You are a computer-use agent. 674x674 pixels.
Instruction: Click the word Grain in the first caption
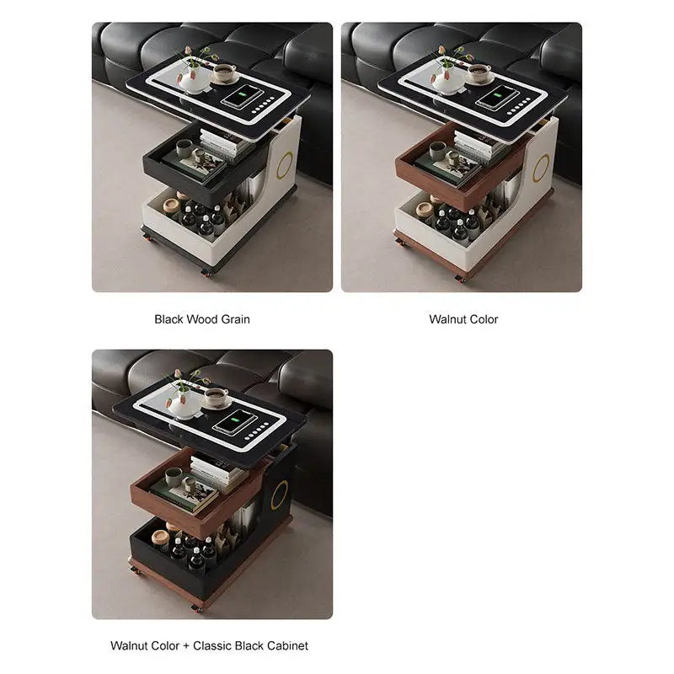coord(235,319)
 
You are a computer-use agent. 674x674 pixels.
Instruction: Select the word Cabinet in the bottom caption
coord(287,646)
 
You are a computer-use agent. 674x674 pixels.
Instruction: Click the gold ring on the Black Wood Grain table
coord(286,164)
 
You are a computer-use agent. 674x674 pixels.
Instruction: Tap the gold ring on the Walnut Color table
coord(541,168)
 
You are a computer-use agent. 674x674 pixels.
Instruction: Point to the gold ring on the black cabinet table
coord(280,495)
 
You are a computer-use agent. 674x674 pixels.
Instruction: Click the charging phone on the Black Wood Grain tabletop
coord(242,96)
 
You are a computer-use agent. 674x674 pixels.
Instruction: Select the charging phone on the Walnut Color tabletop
coord(497,97)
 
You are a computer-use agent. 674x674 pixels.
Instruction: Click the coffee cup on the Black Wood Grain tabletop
coord(223,72)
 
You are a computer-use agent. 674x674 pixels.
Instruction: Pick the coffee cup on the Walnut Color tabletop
coord(479,72)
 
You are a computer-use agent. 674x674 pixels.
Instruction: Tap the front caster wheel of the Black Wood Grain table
coord(206,272)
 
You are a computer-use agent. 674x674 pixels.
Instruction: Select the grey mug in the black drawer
coord(183,149)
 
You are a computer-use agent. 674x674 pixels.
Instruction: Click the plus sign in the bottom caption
coord(186,646)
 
